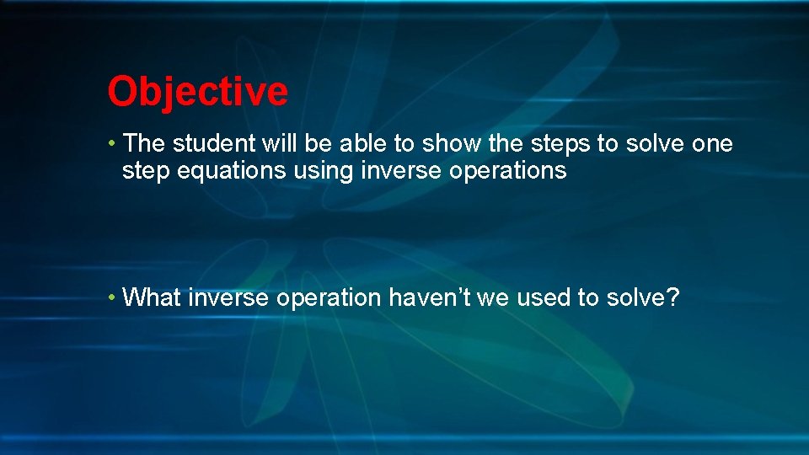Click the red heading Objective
click(x=197, y=91)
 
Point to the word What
click(x=153, y=297)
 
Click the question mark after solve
click(x=672, y=297)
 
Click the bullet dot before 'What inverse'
click(x=112, y=297)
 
